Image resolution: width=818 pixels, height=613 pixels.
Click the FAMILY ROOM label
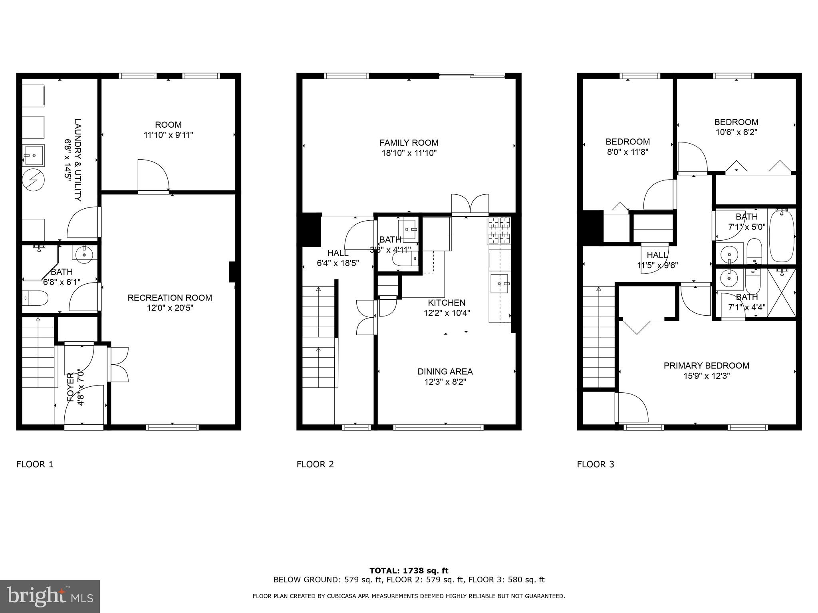pos(409,142)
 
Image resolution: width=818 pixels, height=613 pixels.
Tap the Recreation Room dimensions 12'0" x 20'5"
pos(169,308)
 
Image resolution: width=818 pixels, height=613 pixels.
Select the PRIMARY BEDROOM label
pos(706,366)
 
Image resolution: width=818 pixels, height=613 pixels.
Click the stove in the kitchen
pos(499,231)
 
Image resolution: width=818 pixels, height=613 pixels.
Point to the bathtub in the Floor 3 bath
pos(781,237)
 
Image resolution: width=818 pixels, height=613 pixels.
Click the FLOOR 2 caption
pos(315,464)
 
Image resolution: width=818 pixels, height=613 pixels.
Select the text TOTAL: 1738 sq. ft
pos(409,571)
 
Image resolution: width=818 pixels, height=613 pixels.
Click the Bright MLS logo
pos(50,596)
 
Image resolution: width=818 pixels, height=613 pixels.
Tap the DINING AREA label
pos(445,372)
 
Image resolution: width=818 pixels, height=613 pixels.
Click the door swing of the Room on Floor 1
pos(154,175)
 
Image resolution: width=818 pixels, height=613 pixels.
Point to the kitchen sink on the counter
pos(499,283)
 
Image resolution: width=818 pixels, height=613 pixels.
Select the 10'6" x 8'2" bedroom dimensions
pos(736,132)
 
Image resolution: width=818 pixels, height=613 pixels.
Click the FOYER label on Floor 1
pos(70,387)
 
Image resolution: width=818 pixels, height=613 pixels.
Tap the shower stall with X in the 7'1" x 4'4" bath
pos(781,294)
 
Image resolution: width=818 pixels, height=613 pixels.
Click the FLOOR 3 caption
pos(595,464)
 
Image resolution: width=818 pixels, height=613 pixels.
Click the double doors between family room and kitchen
pos(470,204)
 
